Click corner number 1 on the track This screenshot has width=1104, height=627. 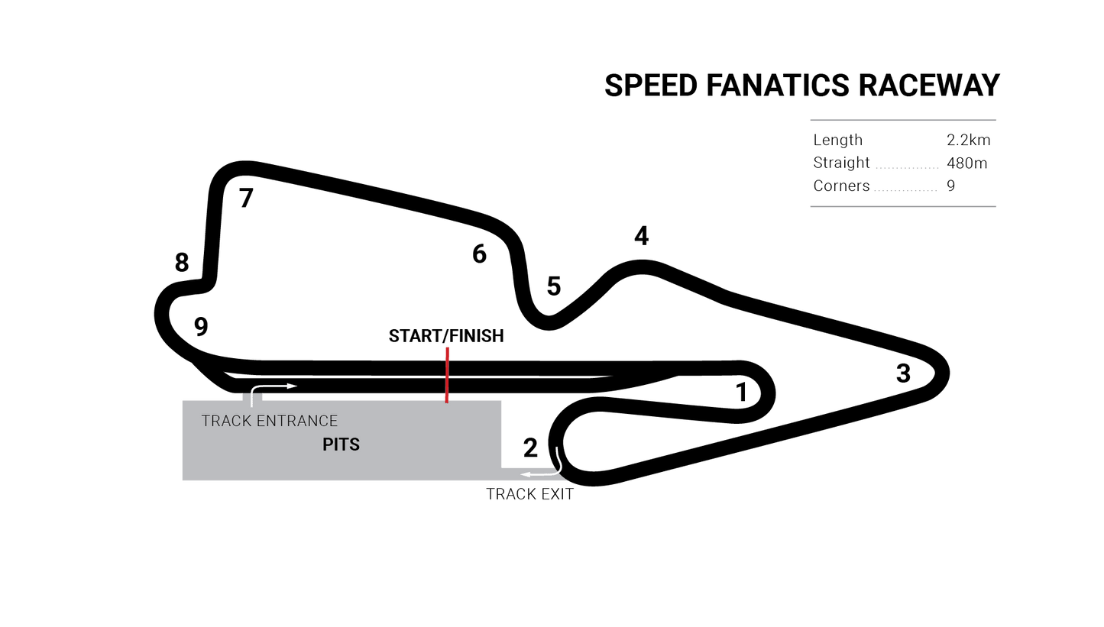click(x=741, y=393)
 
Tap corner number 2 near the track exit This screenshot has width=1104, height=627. click(x=530, y=448)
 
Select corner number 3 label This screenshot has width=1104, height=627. click(x=903, y=373)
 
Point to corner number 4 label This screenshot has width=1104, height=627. click(x=641, y=236)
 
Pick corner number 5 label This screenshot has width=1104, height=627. click(x=554, y=286)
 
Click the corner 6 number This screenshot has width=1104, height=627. click(x=479, y=254)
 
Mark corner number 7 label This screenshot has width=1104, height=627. click(x=246, y=198)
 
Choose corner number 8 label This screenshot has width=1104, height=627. click(x=182, y=263)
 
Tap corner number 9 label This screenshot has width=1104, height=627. click(x=201, y=326)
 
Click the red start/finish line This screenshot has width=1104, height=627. click(x=447, y=375)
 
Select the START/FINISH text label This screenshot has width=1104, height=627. click(x=446, y=336)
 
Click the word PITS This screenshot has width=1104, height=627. click(x=341, y=444)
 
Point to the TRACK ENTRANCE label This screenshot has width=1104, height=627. click(x=270, y=421)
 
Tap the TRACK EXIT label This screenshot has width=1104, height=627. click(x=529, y=494)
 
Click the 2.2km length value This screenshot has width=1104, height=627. click(x=969, y=140)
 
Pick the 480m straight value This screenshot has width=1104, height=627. click(x=967, y=163)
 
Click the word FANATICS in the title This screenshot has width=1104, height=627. click(x=778, y=86)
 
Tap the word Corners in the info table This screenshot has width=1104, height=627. click(x=841, y=186)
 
